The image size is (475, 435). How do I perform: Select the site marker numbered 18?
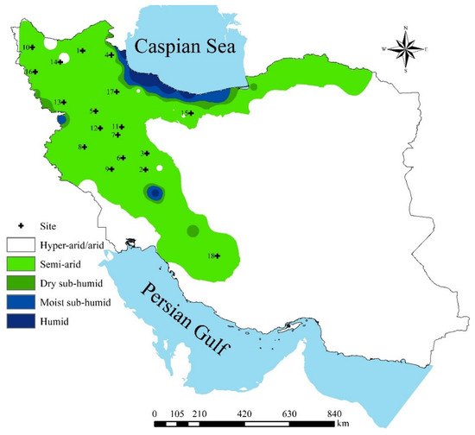(217, 255)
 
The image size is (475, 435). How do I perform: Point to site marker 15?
(193, 112)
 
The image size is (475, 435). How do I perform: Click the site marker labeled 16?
(35, 72)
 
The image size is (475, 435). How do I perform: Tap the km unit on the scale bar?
(343, 425)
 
